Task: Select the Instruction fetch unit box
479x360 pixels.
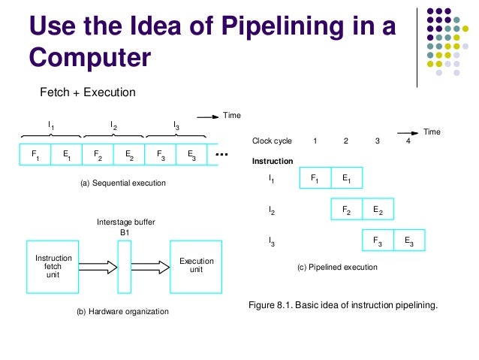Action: (x=53, y=266)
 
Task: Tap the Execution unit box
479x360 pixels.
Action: (x=196, y=266)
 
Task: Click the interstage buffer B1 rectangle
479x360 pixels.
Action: (x=124, y=266)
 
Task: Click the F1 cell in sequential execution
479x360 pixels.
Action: (x=35, y=156)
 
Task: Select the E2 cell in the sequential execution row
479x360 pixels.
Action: (x=128, y=156)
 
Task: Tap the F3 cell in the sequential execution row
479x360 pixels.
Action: (x=160, y=156)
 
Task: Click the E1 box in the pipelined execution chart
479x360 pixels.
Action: (x=346, y=179)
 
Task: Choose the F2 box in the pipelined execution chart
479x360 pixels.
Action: (x=346, y=210)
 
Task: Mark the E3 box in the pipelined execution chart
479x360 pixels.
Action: (x=408, y=241)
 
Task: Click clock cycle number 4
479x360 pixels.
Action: (x=408, y=141)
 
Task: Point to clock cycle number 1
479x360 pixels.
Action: (x=315, y=141)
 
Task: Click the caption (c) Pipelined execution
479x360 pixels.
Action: (x=337, y=267)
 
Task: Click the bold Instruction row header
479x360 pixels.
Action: (x=273, y=161)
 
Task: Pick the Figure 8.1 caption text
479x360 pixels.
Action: (x=342, y=305)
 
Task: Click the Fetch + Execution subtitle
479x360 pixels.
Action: (x=87, y=93)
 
